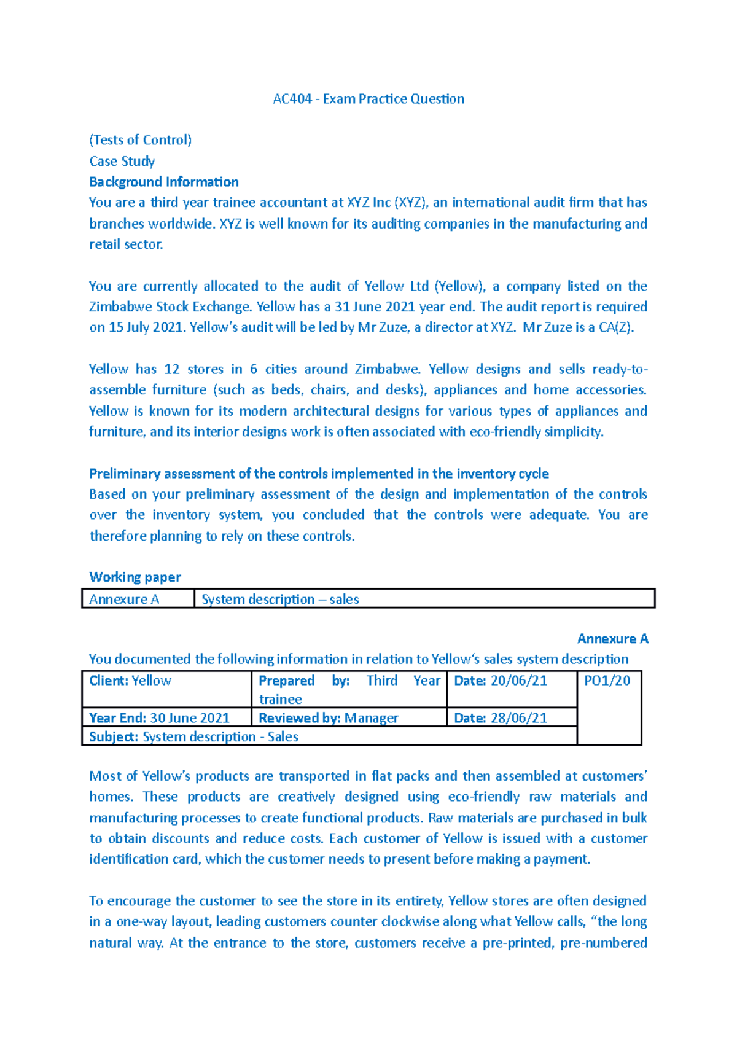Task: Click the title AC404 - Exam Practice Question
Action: [x=368, y=99]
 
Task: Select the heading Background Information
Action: [x=163, y=182]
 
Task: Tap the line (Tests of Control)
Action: [x=140, y=140]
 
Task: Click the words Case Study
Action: [x=122, y=161]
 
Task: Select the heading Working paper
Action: [x=135, y=577]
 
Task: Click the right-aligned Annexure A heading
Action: [x=612, y=639]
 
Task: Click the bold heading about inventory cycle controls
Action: [x=319, y=474]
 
